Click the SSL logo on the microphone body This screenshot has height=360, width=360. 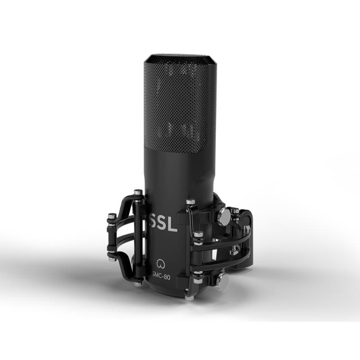tap(163, 222)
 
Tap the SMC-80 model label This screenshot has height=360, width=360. tap(162, 277)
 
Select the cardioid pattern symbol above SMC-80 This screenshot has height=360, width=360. tap(160, 264)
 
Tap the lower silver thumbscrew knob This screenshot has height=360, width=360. tap(223, 279)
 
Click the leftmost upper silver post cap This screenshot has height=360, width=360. tap(112, 216)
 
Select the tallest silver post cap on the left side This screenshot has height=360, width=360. tap(138, 192)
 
